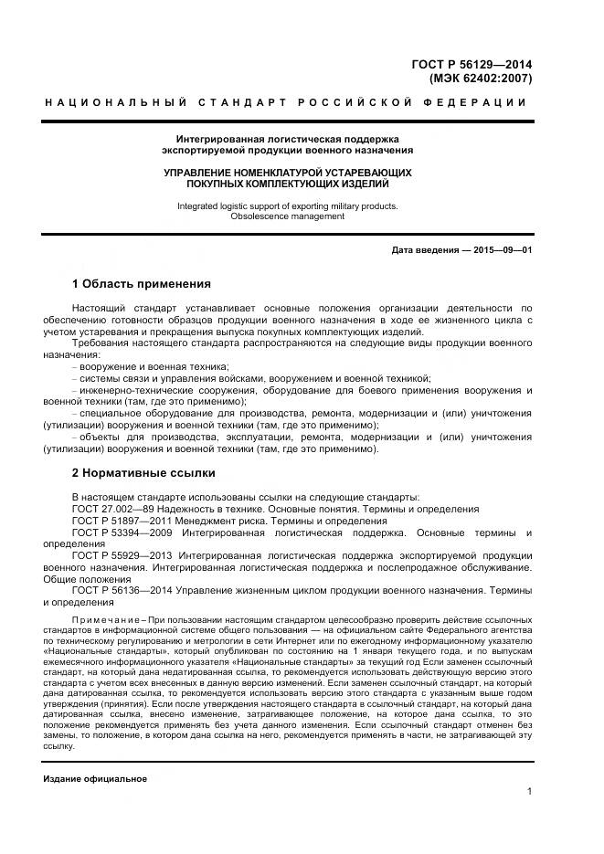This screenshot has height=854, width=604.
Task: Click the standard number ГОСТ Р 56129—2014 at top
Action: [x=472, y=64]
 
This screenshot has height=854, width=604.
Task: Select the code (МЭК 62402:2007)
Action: [x=481, y=79]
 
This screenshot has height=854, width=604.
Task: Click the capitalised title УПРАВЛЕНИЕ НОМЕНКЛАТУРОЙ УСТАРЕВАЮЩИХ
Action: [x=287, y=173]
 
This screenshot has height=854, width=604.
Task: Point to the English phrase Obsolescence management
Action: [x=287, y=216]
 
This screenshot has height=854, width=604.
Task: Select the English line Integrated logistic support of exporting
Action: [x=287, y=206]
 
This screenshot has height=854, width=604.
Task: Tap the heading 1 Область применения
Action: [x=141, y=284]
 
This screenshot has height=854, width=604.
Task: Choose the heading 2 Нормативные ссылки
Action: [x=143, y=473]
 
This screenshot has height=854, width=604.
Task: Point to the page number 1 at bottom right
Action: [x=529, y=792]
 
